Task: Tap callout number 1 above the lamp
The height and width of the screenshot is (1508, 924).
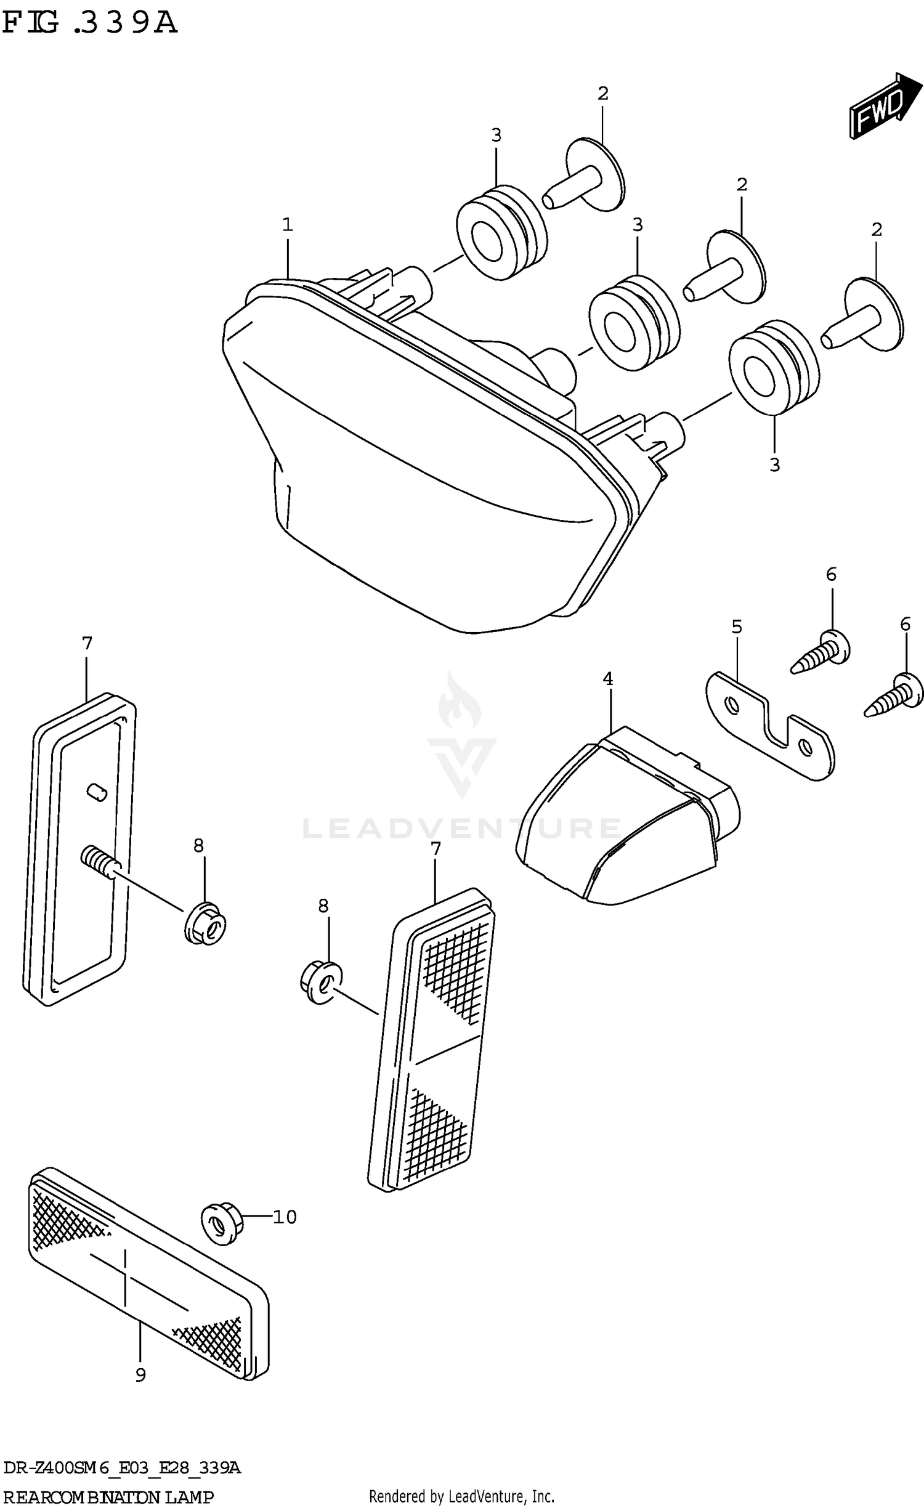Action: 287,225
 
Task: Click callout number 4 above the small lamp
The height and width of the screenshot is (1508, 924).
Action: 607,679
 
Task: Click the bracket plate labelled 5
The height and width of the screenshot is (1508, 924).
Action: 770,727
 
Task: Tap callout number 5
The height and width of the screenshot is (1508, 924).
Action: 737,627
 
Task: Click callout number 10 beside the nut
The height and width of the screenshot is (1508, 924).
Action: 285,1217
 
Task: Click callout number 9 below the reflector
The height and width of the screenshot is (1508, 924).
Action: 140,1375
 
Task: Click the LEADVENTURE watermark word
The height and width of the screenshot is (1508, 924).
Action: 462,829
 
